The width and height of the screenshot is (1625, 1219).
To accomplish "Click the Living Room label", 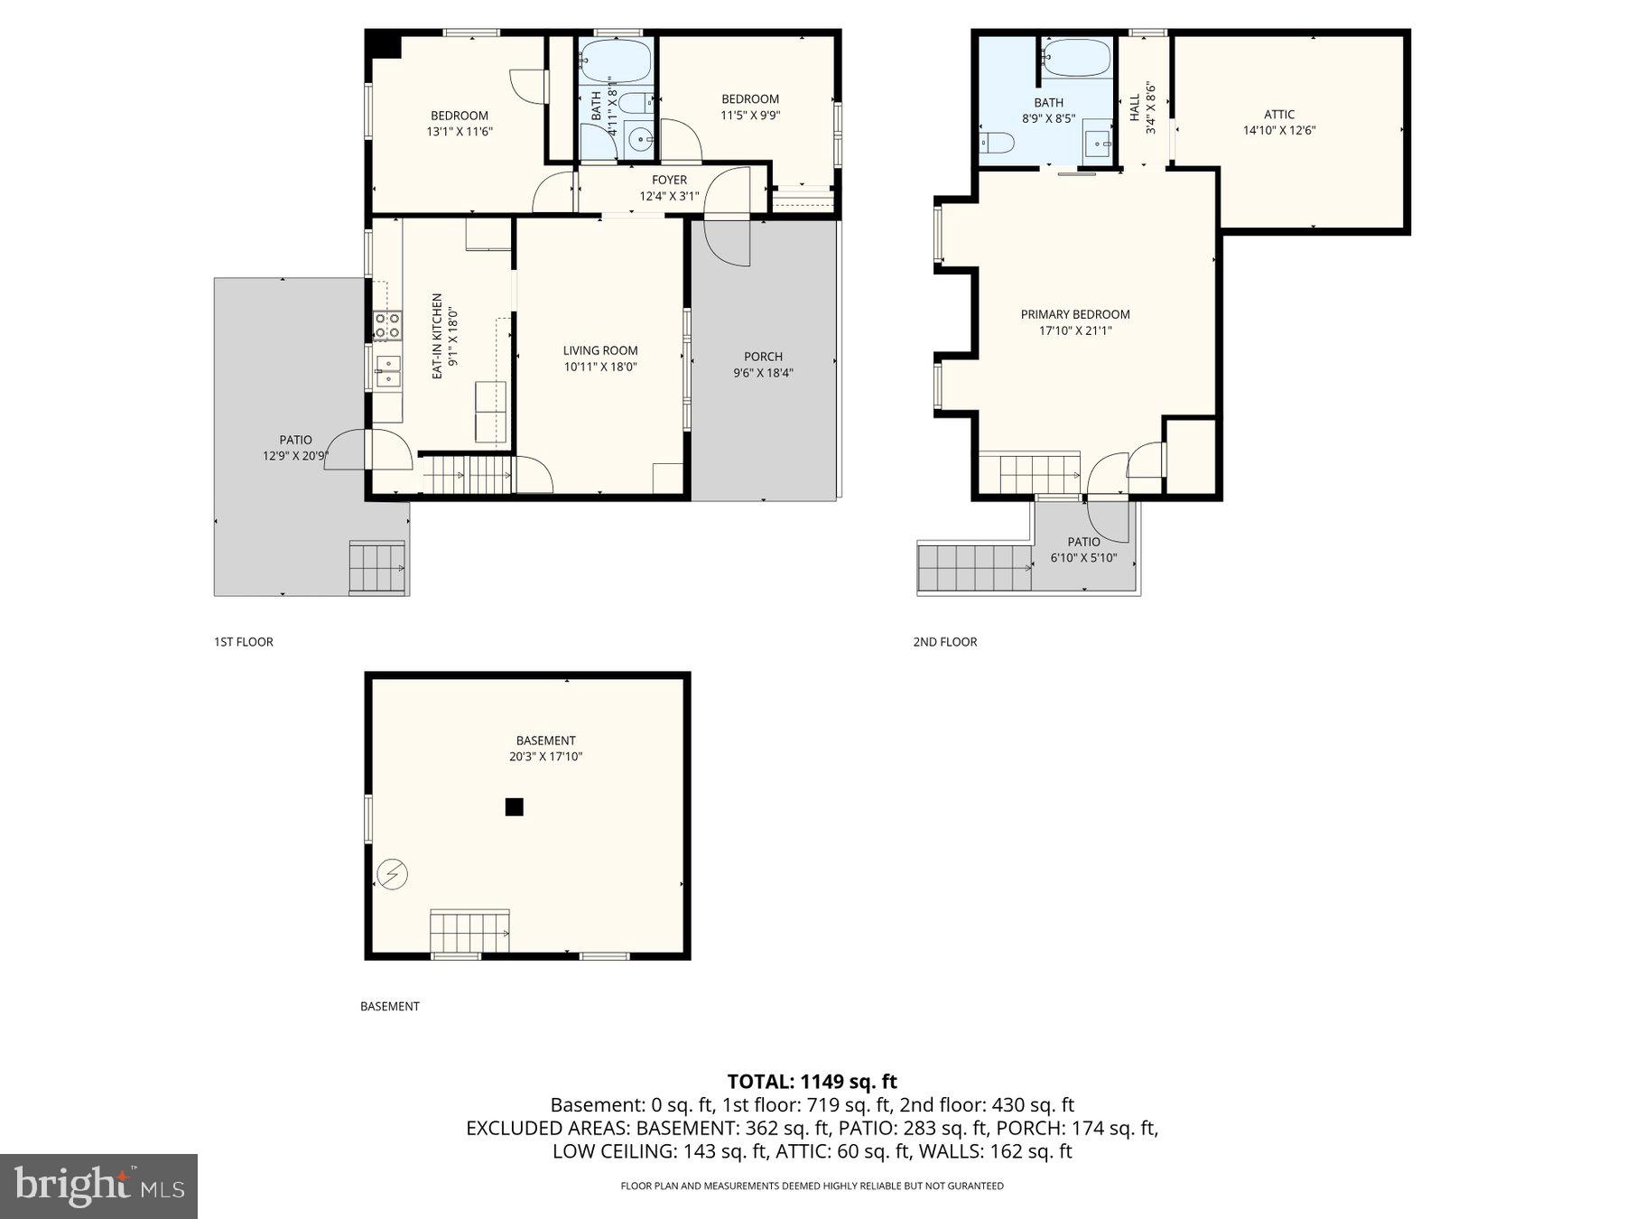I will coord(600,350).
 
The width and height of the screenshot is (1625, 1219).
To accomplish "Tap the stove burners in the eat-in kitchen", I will coord(388,326).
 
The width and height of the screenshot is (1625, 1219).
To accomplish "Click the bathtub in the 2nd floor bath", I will coord(1076,57).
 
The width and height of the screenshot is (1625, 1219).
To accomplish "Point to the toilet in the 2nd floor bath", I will coord(998,143).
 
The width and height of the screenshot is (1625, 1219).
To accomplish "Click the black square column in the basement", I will coord(514,807).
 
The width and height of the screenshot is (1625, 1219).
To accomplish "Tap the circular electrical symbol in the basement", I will coord(394,874).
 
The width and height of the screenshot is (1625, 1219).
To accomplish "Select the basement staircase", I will coord(469,931).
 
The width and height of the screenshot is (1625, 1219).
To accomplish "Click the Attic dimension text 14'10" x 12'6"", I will coord(1278,130).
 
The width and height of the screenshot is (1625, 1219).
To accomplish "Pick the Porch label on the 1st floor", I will coord(763,357).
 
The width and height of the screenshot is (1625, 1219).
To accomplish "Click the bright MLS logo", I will coord(98,1186).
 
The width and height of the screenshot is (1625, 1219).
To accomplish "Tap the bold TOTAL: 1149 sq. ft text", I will coord(812,1081).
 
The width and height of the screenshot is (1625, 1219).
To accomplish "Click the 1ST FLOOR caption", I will coord(243,642).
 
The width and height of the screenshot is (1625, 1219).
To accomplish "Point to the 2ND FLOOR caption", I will coord(944,642).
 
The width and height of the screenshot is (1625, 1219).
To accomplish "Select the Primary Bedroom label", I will coord(1074,314).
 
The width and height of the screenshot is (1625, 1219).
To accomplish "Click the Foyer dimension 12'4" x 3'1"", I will coord(669,196).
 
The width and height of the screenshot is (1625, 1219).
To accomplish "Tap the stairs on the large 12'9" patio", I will coord(376,567).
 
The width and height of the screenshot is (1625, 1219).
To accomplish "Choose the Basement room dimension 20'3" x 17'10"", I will coord(545,757).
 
